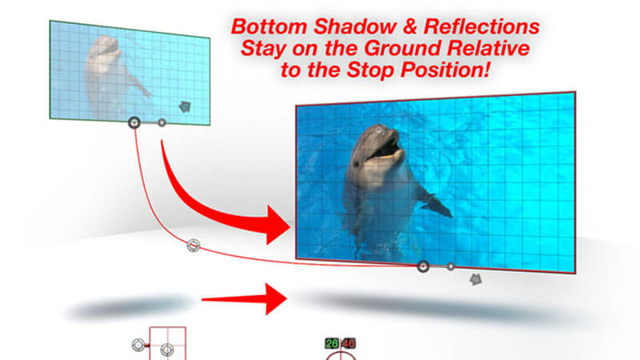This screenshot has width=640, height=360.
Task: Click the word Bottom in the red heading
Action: pos(269,27)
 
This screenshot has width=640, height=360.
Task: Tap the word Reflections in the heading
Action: pos(482,27)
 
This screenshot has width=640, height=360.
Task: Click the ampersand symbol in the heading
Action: pos(410,27)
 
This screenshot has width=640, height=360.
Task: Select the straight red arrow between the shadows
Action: pos(244,299)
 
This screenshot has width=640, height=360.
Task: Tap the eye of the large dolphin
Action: pos(356,164)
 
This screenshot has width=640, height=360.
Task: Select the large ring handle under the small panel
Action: pos(134,122)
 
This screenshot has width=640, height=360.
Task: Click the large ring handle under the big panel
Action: pos(423,267)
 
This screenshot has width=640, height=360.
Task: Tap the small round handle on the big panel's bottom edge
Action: pos(450,267)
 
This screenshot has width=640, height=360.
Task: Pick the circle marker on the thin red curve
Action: pos(194,246)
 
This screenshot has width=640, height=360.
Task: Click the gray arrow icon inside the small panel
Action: pos(185,107)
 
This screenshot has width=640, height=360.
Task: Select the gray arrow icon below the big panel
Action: pos(475,279)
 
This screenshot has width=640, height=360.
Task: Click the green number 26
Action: pos(332,344)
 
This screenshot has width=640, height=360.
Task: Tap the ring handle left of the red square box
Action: pos(138,346)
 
